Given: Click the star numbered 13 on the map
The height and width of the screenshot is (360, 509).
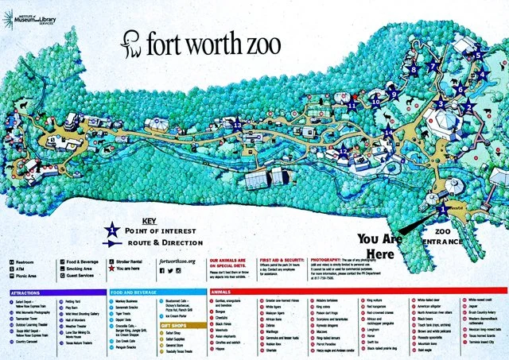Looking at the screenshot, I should [x=237, y=124].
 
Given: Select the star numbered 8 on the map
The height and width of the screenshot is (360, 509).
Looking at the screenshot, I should [x=413, y=70].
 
